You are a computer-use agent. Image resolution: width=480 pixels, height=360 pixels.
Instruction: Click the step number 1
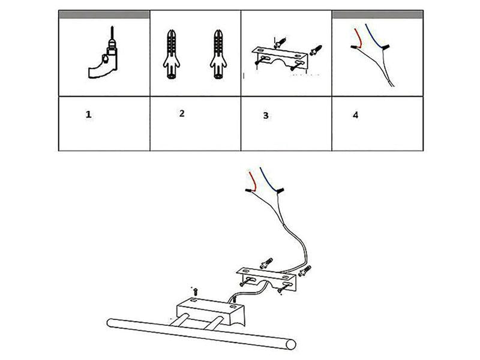pyautogui.click(x=88, y=115)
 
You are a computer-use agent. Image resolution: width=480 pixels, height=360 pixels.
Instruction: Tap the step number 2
pyautogui.click(x=182, y=113)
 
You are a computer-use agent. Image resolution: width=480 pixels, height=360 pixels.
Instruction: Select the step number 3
pyautogui.click(x=266, y=116)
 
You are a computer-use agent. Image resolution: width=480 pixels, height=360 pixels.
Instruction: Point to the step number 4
pyautogui.click(x=355, y=115)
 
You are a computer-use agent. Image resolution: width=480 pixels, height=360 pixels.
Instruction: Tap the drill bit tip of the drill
pyautogui.click(x=112, y=27)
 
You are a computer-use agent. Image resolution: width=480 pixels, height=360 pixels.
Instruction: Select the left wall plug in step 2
pyautogui.click(x=172, y=54)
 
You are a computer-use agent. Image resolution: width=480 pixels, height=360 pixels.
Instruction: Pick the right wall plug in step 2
pyautogui.click(x=218, y=54)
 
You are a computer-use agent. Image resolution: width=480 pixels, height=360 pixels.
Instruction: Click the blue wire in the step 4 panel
pyautogui.click(x=373, y=36)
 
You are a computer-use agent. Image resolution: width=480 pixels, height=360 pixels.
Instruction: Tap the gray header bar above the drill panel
pyautogui.click(x=104, y=14)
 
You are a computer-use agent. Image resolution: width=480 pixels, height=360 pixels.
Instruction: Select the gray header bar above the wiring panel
pyautogui.click(x=377, y=14)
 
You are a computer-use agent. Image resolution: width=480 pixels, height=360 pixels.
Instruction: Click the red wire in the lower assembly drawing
pyautogui.click(x=254, y=181)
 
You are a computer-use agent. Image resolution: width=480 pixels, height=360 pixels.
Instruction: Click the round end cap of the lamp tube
pyautogui.click(x=290, y=344)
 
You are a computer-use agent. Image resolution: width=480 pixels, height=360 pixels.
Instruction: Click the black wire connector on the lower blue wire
pyautogui.click(x=280, y=191)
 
